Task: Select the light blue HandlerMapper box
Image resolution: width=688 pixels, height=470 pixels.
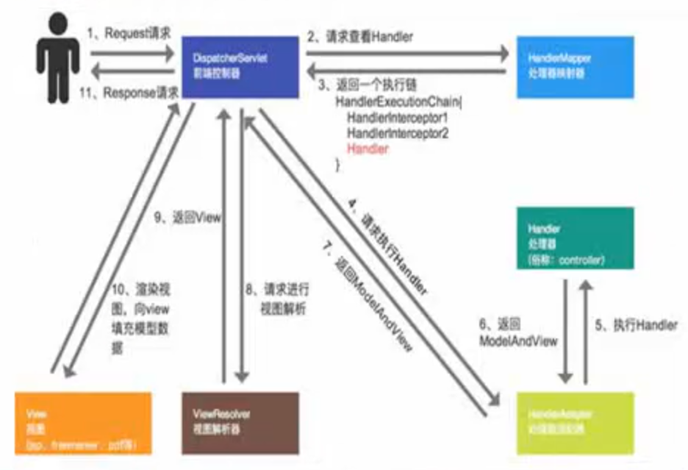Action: click(x=573, y=67)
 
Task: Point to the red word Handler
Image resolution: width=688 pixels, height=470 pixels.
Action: click(x=368, y=149)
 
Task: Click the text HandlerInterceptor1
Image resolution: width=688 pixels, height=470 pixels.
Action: click(x=397, y=118)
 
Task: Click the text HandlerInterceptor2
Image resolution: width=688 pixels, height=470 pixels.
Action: click(x=397, y=133)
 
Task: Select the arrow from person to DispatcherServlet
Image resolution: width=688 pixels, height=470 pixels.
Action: click(x=132, y=53)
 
